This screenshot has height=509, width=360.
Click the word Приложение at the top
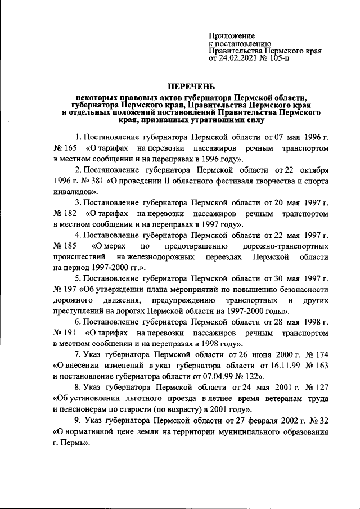[x=232, y=35]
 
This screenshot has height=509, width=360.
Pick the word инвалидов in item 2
[x=73, y=192]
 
